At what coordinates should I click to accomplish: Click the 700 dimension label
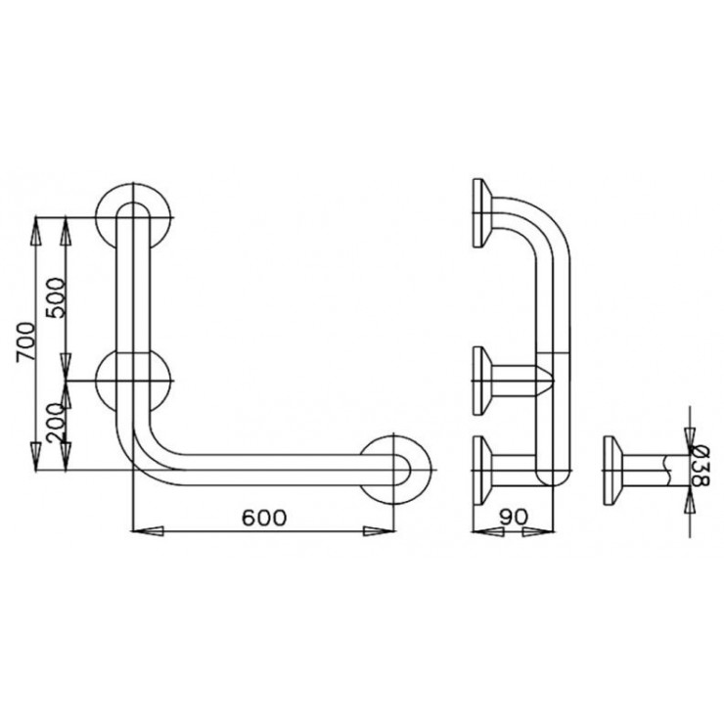pos(25,342)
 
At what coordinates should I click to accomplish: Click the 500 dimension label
pos(56,297)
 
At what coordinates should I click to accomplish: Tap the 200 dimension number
pos(56,424)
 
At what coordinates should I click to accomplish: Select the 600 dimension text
pos(264,518)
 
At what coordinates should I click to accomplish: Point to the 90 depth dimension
pos(513,518)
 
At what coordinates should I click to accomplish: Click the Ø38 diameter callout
pos(700,465)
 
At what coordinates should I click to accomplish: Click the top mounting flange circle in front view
pos(133,217)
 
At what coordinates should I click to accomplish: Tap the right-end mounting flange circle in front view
pos(394,470)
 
